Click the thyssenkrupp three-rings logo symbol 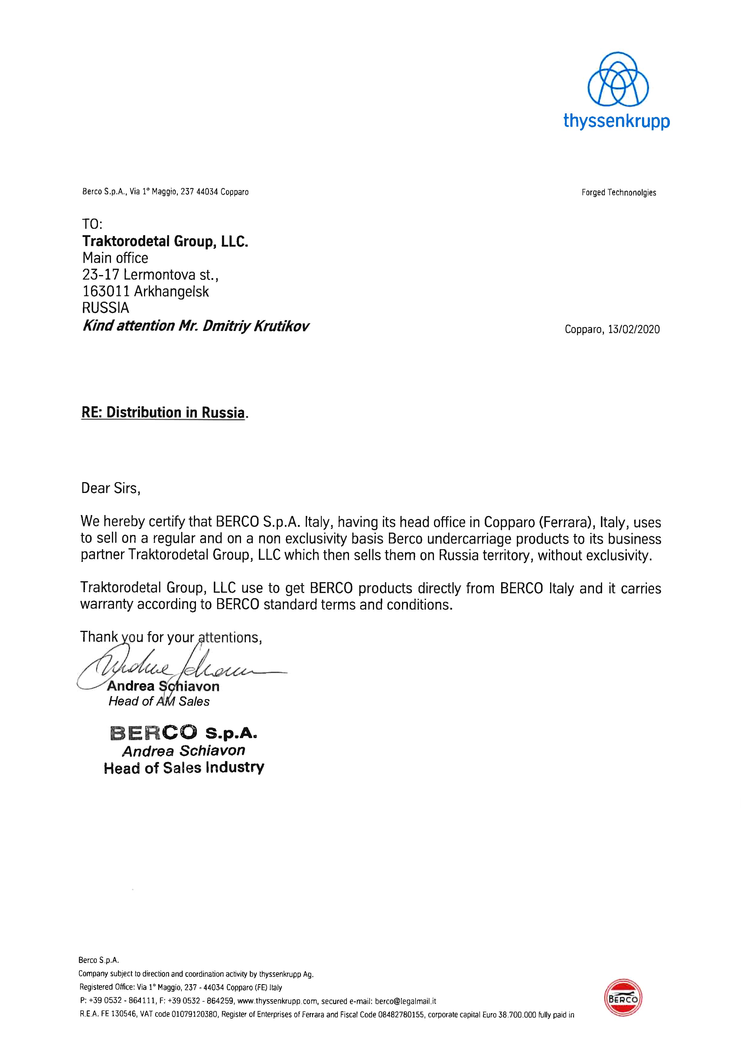tap(618, 80)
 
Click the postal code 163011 tap(106, 291)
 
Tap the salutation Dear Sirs tap(110, 488)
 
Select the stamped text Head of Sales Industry tap(184, 768)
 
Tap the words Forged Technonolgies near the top tap(618, 193)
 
